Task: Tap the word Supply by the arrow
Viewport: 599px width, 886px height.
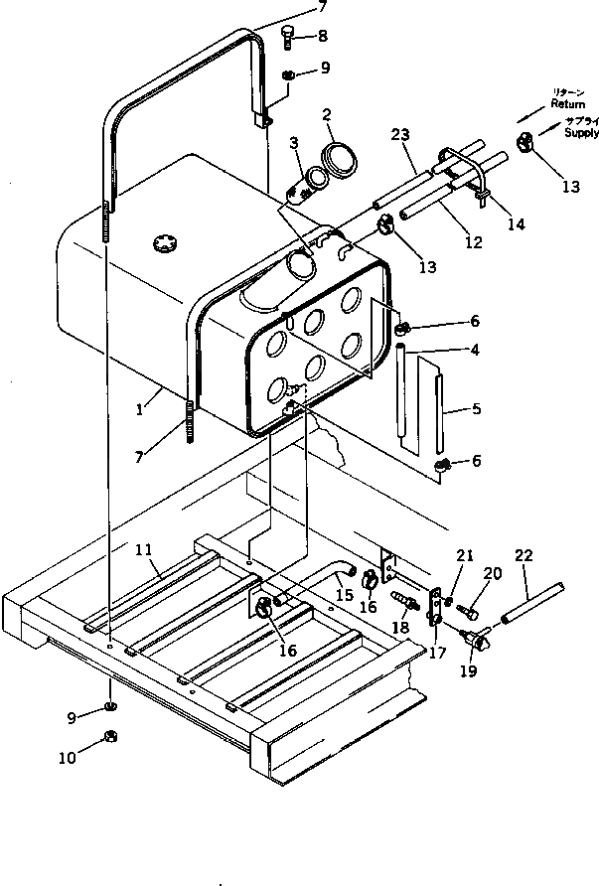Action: (580, 132)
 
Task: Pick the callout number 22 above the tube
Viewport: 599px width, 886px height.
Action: (523, 557)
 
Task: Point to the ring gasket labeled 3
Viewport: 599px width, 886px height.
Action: (318, 178)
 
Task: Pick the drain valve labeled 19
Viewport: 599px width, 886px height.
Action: (480, 644)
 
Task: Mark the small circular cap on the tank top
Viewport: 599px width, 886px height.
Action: (163, 241)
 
